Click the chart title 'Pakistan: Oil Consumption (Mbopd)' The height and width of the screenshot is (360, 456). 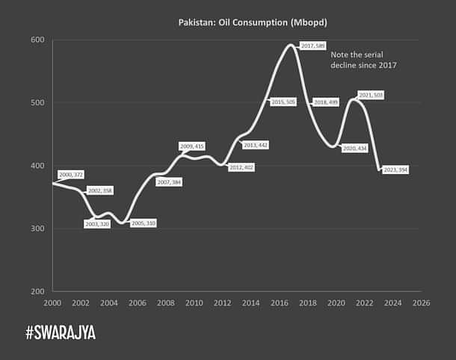(252, 23)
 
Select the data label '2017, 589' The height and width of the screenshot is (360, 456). (312, 46)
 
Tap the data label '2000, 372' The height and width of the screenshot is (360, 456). (71, 174)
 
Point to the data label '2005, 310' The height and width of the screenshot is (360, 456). (143, 223)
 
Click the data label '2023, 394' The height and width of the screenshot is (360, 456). (396, 170)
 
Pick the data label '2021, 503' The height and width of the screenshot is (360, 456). (371, 96)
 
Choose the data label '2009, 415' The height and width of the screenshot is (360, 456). (192, 146)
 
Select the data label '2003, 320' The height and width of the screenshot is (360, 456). (97, 223)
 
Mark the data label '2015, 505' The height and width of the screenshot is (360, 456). (283, 102)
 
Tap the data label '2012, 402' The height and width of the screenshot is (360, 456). (241, 167)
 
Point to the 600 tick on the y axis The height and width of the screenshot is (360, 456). (37, 40)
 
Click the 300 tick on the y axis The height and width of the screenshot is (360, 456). (37, 229)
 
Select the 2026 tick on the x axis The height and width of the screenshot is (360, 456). (421, 303)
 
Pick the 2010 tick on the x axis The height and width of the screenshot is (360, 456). (194, 303)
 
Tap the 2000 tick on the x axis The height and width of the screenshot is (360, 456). (53, 303)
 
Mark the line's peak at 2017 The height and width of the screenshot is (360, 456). (290, 45)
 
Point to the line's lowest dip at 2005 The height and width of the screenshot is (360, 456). (123, 222)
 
